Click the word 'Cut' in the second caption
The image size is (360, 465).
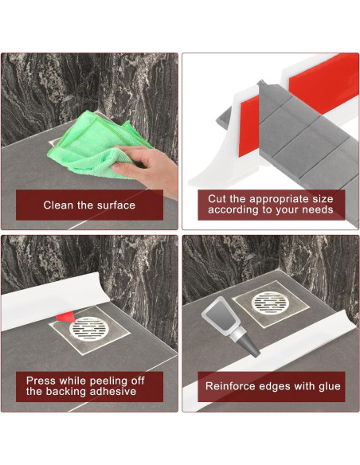[215, 198]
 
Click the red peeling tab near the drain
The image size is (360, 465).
[66, 317]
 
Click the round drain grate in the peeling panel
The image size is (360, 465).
[89, 329]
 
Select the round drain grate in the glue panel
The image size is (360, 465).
[271, 303]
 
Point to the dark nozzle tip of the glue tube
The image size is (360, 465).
[250, 346]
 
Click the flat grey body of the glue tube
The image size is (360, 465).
[220, 315]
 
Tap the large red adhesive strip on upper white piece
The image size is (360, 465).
[323, 84]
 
